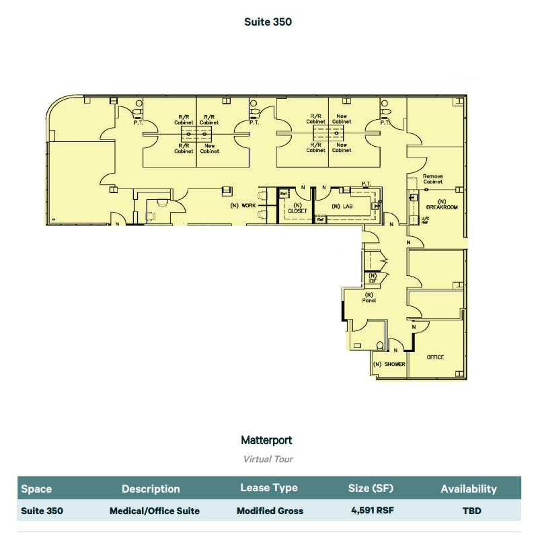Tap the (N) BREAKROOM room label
point(442,205)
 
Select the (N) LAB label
point(342,207)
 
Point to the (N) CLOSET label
point(297,208)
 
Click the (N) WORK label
point(243,205)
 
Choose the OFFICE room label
point(435,357)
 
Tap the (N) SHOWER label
point(389,364)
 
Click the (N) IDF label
point(372,277)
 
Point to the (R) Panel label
point(369,297)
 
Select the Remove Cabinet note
point(432,179)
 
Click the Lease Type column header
point(269,488)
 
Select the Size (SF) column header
point(372,489)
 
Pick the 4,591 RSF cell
point(372,511)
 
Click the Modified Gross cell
point(269,511)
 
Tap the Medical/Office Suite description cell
point(154,511)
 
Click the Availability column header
point(468,489)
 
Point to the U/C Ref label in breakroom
point(424,220)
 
